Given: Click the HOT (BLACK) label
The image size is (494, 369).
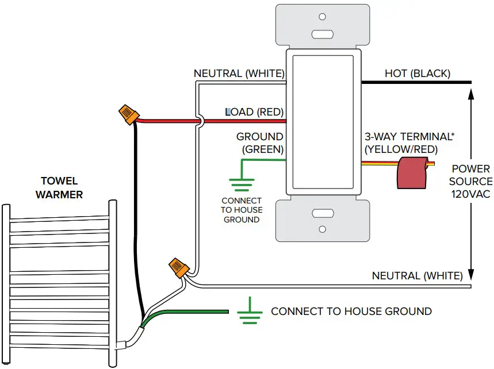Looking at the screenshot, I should (417, 74).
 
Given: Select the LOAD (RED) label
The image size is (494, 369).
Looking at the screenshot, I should (255, 112).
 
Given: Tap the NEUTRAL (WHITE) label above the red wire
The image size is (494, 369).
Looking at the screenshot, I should (239, 74).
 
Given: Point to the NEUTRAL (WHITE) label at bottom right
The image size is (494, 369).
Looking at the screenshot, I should (417, 276).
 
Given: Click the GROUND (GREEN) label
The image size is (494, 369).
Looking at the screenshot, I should (260, 143).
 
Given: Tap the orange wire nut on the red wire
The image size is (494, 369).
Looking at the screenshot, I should (127, 113).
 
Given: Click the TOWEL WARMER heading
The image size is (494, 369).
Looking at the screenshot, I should (59, 188).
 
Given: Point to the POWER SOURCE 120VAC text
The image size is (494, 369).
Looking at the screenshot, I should (470, 182).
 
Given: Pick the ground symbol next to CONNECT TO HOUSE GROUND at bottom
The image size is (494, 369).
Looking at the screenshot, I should (248, 311).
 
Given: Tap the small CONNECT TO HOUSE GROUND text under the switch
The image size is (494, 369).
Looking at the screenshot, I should (241, 210).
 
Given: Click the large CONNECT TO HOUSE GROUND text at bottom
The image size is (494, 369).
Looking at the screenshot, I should (351, 312).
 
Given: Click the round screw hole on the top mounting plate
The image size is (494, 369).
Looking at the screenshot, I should (322, 17).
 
